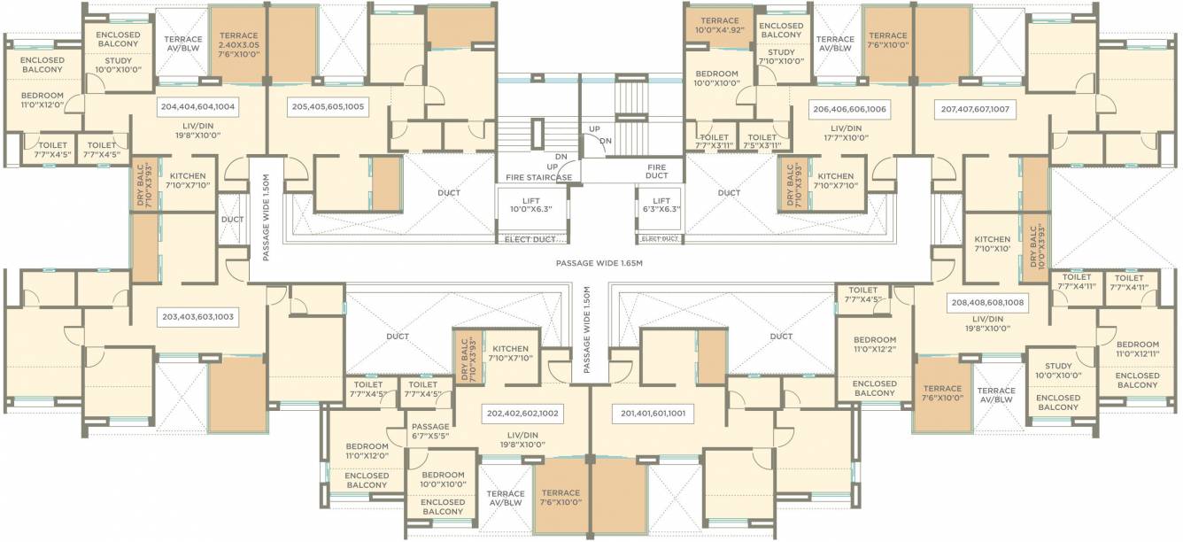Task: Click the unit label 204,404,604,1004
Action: click(x=197, y=106)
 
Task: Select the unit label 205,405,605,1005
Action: click(x=329, y=106)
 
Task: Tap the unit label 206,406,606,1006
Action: click(x=849, y=109)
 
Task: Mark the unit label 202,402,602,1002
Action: click(x=524, y=413)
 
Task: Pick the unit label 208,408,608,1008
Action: click(x=986, y=301)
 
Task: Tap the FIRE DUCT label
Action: click(x=656, y=173)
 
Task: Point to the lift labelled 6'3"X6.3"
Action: click(x=660, y=205)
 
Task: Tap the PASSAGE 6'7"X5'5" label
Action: click(x=430, y=431)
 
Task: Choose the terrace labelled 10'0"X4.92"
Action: click(x=719, y=25)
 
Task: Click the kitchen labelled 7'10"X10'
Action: click(x=992, y=244)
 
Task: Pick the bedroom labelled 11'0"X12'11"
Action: click(x=1137, y=349)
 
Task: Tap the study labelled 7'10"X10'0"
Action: click(x=781, y=57)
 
